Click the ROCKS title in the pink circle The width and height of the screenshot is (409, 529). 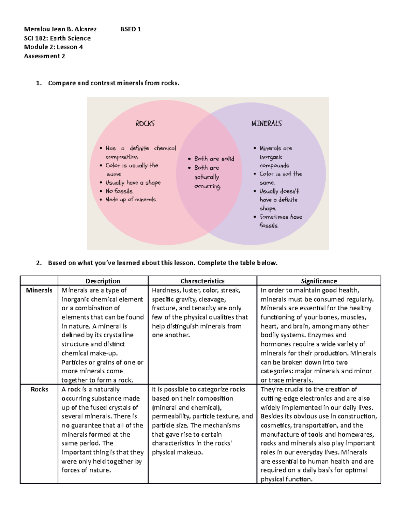(145, 123)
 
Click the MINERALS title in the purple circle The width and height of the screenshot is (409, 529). (267, 123)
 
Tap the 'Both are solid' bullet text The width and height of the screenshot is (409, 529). (214, 159)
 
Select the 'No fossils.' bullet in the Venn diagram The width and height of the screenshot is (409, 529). (119, 191)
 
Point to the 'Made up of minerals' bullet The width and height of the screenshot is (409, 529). (131, 200)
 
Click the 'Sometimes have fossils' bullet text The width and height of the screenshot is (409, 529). (280, 221)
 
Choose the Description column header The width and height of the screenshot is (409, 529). (103, 281)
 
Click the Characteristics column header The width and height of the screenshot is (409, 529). (202, 281)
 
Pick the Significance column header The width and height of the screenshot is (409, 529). (319, 281)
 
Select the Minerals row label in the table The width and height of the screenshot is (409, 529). (39, 290)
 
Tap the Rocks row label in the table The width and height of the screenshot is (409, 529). (39, 389)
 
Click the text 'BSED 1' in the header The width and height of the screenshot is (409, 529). (131, 29)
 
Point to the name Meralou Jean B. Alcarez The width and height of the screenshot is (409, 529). (60, 29)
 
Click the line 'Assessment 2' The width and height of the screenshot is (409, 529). (44, 56)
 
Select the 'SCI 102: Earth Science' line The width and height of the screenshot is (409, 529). (57, 38)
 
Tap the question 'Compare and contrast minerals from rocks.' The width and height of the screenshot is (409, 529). (113, 83)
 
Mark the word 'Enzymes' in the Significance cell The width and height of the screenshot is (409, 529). (320, 335)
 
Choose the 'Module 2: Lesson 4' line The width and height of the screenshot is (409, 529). (53, 47)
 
